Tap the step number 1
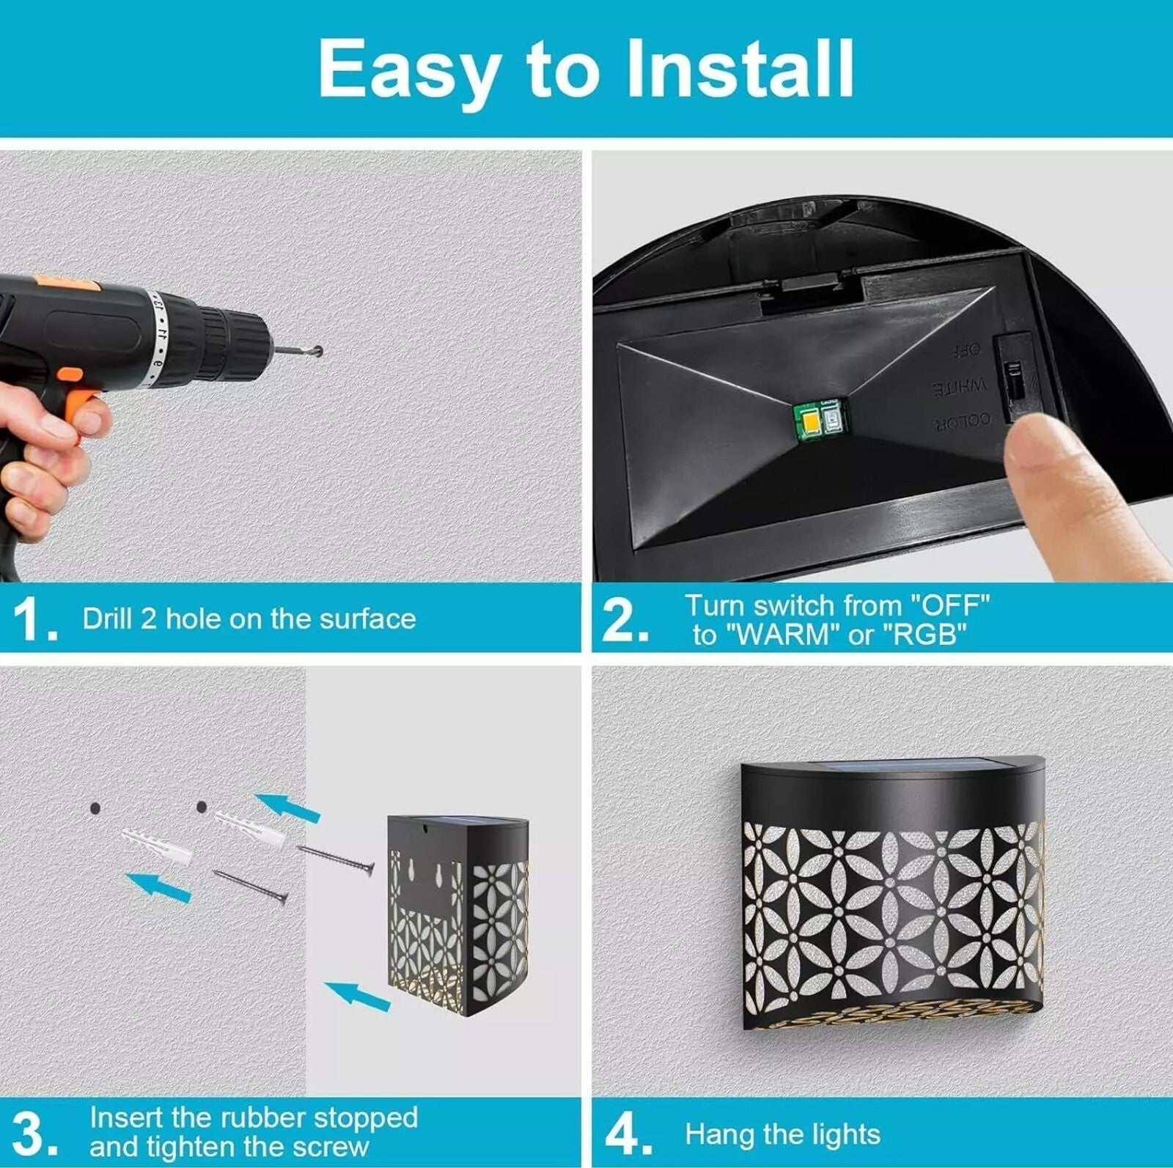tap(34, 619)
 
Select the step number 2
tap(624, 620)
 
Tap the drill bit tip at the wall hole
tap(318, 352)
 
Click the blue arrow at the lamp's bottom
tap(357, 997)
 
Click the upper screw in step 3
tap(336, 858)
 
